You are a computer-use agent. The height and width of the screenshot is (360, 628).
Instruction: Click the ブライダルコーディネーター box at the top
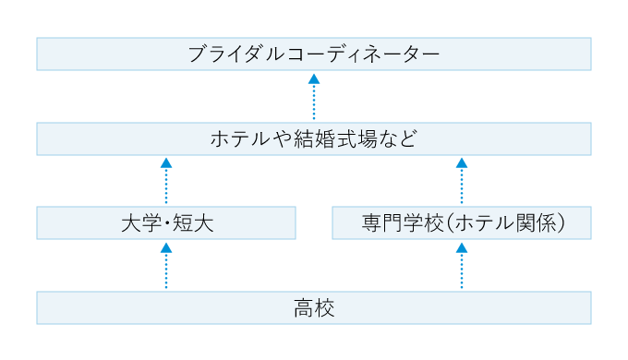314,54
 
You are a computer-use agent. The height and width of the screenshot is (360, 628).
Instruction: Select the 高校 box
314,308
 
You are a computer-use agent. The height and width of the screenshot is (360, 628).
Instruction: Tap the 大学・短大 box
166,223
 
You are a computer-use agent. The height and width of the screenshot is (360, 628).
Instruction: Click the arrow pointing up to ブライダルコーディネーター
314,97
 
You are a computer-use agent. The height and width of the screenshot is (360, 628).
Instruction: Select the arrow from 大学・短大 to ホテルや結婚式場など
166,181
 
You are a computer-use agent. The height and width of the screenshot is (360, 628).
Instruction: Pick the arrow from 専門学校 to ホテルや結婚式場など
462,181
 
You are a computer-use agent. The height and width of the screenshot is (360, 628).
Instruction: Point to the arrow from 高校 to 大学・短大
166,266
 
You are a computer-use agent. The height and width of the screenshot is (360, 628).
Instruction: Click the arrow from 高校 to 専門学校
462,266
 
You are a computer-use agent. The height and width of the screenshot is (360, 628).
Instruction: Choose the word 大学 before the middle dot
139,223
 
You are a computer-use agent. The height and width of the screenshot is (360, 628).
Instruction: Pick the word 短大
194,223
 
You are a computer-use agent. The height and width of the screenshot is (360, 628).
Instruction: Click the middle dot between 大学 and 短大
166,223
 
